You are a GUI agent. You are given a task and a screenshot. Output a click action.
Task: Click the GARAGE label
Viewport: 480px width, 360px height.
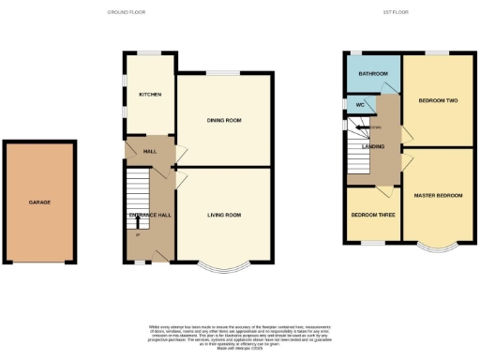(39, 202)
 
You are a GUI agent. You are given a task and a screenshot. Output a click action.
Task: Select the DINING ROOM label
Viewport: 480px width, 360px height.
(224, 121)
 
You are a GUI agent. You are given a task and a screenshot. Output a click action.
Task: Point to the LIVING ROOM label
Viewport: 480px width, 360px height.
(224, 215)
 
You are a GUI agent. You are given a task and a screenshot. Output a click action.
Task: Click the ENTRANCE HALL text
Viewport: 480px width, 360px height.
(149, 215)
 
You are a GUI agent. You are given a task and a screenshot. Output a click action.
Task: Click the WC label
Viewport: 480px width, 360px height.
(359, 104)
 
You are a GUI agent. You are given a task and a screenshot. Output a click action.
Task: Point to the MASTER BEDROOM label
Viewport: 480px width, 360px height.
(438, 194)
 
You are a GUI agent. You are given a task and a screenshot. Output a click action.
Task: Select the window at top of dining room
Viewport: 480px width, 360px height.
(222, 73)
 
